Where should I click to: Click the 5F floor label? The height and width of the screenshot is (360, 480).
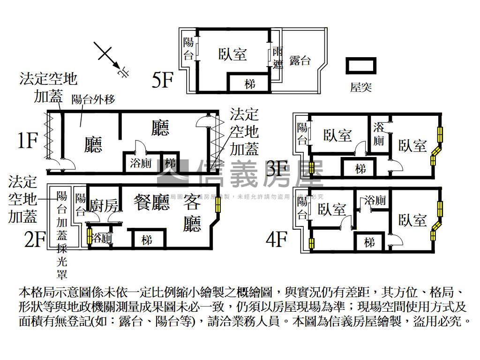pos(163,80)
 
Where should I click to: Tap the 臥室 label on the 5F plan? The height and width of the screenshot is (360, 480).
pos(232,55)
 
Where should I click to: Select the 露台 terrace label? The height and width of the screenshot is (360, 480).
pos(300,60)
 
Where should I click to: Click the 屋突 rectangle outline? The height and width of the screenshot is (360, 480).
pos(361,66)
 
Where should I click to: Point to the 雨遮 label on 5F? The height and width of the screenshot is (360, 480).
pos(277,58)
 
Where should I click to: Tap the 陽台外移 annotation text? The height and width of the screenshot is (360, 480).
pos(93,99)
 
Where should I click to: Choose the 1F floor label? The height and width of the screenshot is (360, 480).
pos(28,140)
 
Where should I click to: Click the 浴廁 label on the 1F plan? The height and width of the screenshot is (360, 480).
pos(141,164)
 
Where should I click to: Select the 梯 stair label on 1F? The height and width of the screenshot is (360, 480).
pos(170,164)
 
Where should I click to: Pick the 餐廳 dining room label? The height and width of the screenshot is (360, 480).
pos(151,203)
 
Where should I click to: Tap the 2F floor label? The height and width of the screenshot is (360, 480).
pos(35,240)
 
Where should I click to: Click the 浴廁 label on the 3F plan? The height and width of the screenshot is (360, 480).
pos(379,134)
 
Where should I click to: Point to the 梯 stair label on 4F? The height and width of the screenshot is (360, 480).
pos(369,243)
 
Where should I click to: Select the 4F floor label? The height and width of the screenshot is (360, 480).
pos(276,240)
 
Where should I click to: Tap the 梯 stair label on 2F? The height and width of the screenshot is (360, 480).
pos(147,240)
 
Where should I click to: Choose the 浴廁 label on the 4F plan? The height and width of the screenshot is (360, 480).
pos(375,201)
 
